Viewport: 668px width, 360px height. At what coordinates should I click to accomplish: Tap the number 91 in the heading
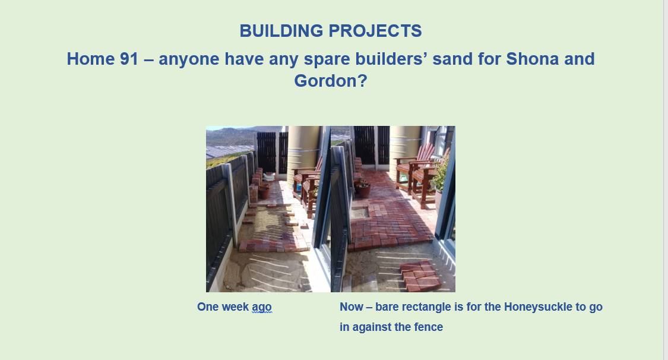pyautogui.click(x=129, y=59)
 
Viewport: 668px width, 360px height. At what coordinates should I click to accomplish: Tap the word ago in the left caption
pyautogui.click(x=262, y=307)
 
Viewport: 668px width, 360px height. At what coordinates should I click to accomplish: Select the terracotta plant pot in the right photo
pyautogui.click(x=363, y=189)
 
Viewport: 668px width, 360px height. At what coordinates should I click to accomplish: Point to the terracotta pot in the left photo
pyautogui.click(x=264, y=190)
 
